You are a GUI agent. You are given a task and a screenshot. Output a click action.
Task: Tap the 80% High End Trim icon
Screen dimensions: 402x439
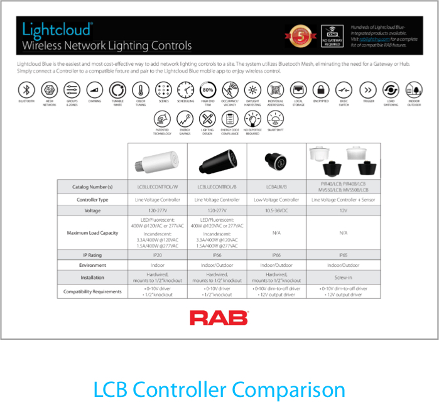pyautogui.click(x=207, y=89)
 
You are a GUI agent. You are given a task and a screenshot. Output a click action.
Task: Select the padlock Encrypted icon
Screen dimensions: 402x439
pyautogui.click(x=321, y=89)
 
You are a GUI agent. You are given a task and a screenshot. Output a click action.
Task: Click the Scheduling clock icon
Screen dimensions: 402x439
pyautogui.click(x=185, y=89)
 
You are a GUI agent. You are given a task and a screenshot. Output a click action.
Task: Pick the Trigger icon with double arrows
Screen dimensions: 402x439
pyautogui.click(x=367, y=89)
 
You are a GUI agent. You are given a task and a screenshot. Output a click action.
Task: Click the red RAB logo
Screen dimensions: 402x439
pyautogui.click(x=219, y=318)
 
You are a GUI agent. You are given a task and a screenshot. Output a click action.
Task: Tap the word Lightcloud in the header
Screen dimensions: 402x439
pyautogui.click(x=57, y=30)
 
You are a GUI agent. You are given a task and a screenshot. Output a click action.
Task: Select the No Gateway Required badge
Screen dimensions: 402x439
pyautogui.click(x=332, y=36)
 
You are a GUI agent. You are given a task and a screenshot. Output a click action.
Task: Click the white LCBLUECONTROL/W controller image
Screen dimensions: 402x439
pyautogui.click(x=157, y=162)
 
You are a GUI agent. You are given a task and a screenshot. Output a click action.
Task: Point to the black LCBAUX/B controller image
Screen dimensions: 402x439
pyautogui.click(x=276, y=162)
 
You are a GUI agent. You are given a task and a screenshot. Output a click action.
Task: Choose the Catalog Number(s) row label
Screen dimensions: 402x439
pyautogui.click(x=92, y=187)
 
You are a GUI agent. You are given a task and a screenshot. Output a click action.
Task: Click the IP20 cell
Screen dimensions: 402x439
pyautogui.click(x=157, y=256)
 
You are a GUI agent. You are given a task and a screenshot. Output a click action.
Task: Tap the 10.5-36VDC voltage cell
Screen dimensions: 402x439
pyautogui.click(x=277, y=210)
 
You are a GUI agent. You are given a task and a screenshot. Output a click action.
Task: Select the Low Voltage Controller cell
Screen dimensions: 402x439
pyautogui.click(x=277, y=199)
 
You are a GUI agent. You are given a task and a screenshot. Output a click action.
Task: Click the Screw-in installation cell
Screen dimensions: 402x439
pyautogui.click(x=343, y=278)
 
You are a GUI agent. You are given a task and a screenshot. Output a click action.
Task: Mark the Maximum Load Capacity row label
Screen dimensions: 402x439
pyautogui.click(x=92, y=233)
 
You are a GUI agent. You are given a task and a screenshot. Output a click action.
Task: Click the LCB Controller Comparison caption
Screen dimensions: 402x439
pyautogui.click(x=219, y=389)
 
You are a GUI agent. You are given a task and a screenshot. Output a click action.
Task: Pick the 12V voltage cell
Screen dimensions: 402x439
pyautogui.click(x=343, y=210)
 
